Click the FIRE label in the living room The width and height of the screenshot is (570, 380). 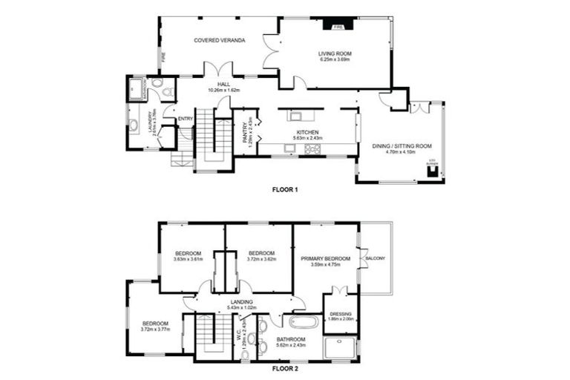point(338,25)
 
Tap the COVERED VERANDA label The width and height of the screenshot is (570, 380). point(219,40)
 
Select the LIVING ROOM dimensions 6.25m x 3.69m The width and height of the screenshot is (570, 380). point(335,60)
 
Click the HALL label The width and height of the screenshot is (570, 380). point(223,84)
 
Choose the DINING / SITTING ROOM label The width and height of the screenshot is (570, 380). point(402,146)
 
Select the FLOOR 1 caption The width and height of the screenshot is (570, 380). point(285,190)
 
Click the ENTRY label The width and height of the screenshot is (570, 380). point(186,119)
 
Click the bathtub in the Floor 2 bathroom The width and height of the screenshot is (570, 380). point(303,323)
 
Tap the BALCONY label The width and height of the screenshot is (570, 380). point(375,258)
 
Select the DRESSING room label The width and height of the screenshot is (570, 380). point(341,313)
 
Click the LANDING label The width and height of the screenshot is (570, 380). point(241,301)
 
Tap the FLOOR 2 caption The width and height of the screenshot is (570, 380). point(285,368)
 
